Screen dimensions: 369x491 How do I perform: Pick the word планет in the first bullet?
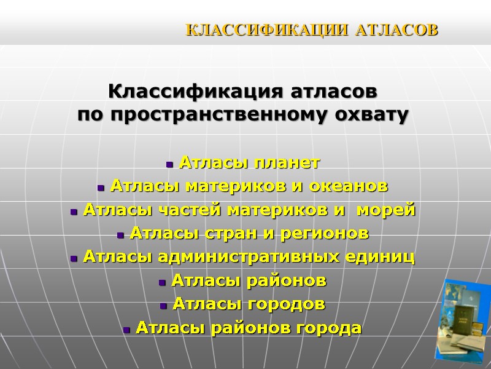pos(290,163)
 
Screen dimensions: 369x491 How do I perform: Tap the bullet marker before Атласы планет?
pos(169,164)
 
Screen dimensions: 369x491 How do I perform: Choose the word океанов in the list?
pos(355,186)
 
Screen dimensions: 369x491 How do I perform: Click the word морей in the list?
pos(391,210)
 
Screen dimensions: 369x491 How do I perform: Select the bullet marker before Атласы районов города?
pos(126,330)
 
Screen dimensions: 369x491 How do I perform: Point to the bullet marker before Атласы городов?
pos(163,306)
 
